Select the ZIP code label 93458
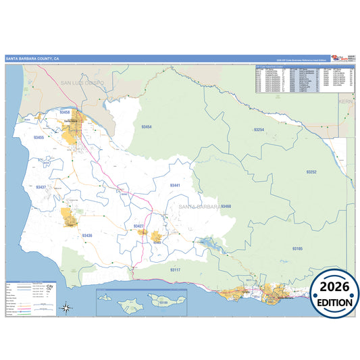coord(65,112)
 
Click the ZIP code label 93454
coord(147,127)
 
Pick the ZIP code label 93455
coord(38,138)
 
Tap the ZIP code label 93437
coord(42,187)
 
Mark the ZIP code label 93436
coord(87,236)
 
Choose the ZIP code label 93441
coord(175,185)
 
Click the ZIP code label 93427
coord(138,226)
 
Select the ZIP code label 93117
coord(175,269)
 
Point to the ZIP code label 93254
coord(259,128)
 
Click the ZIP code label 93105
coord(298,249)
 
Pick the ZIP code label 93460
coord(226,206)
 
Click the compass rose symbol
coord(67,309)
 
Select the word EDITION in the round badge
coord(335,303)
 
